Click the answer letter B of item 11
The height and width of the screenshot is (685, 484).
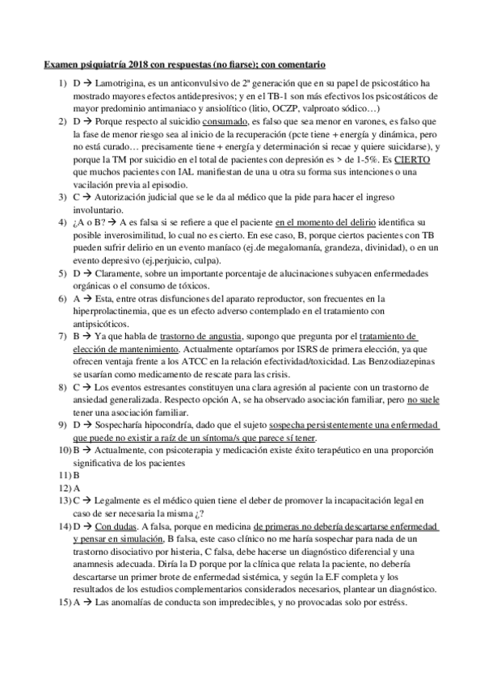[x=76, y=476]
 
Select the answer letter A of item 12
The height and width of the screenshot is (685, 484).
[x=76, y=489]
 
